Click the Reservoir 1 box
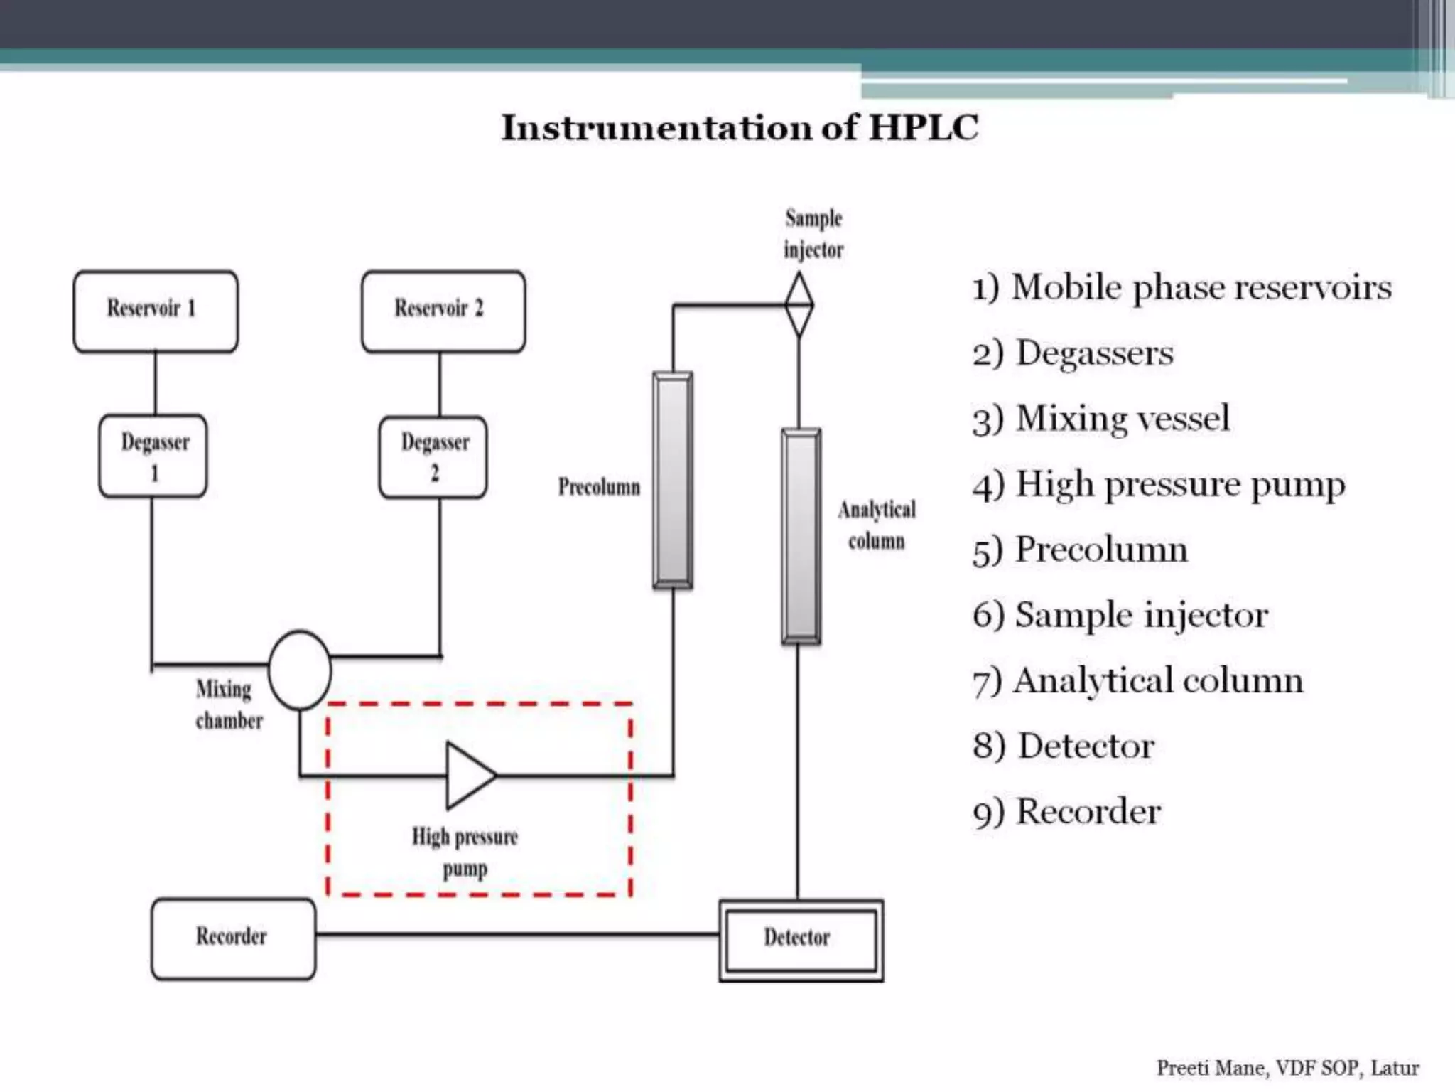click(156, 311)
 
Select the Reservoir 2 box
click(443, 311)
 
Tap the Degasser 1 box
click(153, 456)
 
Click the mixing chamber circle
click(299, 670)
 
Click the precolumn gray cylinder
click(672, 481)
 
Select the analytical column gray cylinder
click(801, 537)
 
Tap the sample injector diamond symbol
click(799, 305)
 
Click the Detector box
click(801, 940)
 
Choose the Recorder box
click(233, 938)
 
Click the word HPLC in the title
click(924, 128)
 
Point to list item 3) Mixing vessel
click(1101, 419)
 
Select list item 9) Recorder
click(1067, 812)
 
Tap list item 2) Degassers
click(1073, 353)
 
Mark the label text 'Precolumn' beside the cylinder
click(599, 487)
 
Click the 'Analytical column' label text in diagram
click(877, 525)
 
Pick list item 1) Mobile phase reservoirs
click(1182, 288)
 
